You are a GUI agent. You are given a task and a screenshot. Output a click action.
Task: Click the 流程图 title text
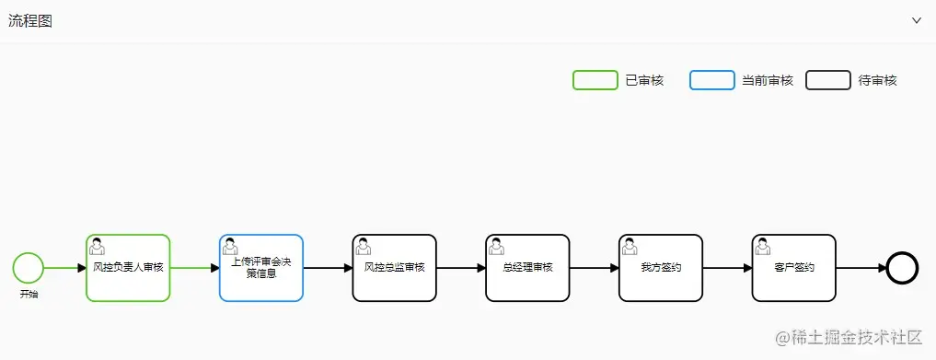[x=30, y=21]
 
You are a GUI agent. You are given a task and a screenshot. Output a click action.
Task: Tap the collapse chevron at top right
[x=917, y=20]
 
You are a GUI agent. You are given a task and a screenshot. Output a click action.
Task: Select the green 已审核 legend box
[x=595, y=80]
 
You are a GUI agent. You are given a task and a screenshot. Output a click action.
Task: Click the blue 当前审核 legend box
[x=711, y=80]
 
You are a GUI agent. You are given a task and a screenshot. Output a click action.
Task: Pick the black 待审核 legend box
[x=827, y=80]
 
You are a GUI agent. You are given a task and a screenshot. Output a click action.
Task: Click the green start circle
[x=29, y=268]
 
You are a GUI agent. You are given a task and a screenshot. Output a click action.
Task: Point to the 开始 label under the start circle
[x=29, y=294]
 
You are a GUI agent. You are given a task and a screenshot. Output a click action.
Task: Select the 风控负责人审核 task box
[x=128, y=268]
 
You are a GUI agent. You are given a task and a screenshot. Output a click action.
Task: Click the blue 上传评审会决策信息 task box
[x=261, y=268]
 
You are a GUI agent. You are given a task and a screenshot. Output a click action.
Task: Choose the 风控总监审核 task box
[x=394, y=268]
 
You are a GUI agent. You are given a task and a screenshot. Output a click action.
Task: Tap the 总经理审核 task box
[x=527, y=268]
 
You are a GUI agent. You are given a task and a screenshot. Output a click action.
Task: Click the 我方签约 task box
[x=661, y=268]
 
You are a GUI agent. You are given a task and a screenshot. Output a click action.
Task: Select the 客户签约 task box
[x=793, y=268]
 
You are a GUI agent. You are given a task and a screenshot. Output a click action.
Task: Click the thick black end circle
[x=903, y=268]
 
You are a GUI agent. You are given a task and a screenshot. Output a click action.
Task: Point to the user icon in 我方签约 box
[x=630, y=246]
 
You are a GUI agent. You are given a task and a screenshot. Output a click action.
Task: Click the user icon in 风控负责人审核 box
[x=97, y=246]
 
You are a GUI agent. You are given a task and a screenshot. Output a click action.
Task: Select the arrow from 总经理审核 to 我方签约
[x=595, y=268]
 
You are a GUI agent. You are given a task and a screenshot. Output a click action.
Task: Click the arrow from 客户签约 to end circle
[x=861, y=268]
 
